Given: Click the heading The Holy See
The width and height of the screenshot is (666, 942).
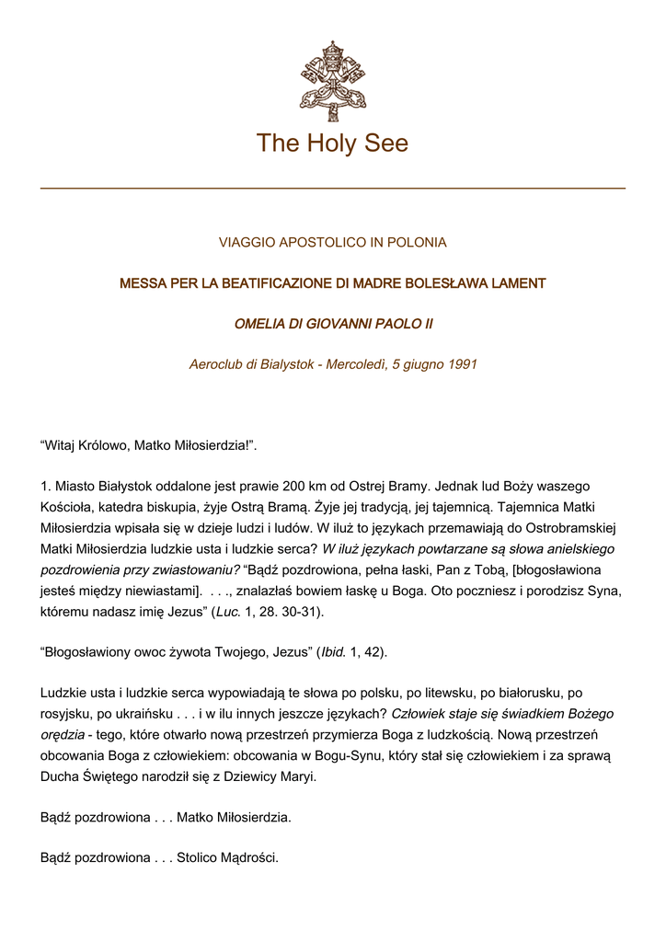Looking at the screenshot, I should (x=332, y=144).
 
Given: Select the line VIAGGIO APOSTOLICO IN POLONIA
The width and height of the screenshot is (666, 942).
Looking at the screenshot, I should (x=332, y=243).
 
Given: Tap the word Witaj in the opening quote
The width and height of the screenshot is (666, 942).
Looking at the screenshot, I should (x=60, y=446).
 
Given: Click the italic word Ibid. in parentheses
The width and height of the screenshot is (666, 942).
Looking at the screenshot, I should (x=334, y=651).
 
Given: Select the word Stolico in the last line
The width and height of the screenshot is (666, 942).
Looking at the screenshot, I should (x=200, y=857).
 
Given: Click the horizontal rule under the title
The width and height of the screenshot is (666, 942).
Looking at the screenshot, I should (x=332, y=189).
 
